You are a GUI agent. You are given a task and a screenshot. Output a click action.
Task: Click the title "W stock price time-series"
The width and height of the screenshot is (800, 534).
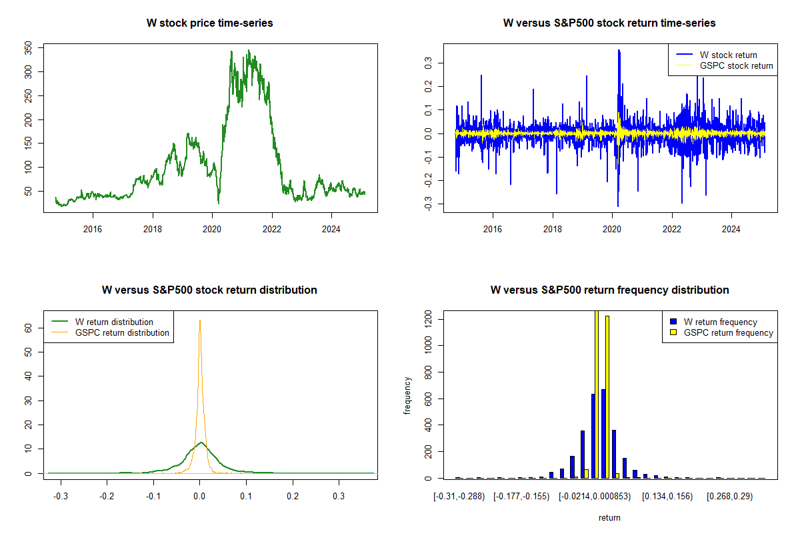(x=209, y=23)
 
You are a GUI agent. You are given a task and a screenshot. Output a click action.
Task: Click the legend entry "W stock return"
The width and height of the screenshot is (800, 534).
(x=728, y=55)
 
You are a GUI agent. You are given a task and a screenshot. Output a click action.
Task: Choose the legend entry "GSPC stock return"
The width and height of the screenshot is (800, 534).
(x=736, y=65)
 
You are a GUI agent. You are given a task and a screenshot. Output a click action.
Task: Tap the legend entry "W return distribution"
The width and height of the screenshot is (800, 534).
(x=114, y=322)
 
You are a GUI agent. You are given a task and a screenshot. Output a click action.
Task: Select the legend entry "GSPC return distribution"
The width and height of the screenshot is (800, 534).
(x=122, y=332)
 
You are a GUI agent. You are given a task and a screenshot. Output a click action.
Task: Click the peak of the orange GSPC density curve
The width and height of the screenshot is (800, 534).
(x=199, y=320)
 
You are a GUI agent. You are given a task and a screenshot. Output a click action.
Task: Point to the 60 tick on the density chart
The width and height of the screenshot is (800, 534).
(x=29, y=328)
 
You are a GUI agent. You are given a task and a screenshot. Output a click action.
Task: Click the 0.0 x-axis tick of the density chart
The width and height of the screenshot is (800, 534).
(x=199, y=497)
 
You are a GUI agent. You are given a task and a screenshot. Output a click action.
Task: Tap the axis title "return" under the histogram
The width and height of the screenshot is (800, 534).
(x=609, y=517)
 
